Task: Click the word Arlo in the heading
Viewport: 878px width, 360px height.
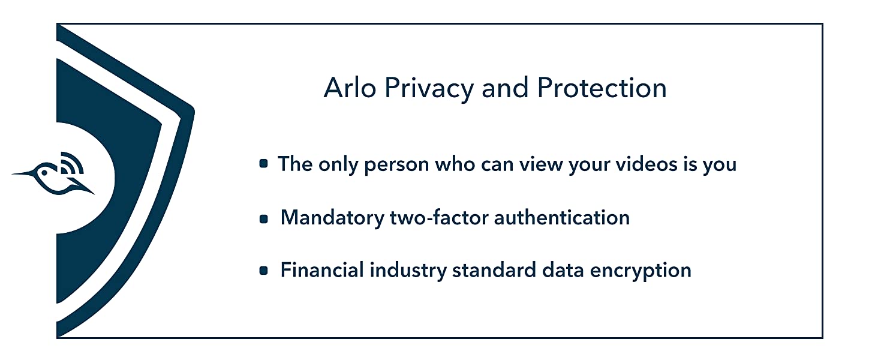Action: (x=350, y=88)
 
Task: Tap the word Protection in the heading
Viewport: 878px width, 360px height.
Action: (x=602, y=88)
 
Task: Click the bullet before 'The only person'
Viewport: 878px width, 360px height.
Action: (x=263, y=164)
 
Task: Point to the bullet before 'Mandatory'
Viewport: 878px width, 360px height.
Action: (x=263, y=218)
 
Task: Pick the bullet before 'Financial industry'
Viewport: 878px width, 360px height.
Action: (x=263, y=270)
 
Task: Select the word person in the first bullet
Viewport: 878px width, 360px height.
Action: (x=396, y=166)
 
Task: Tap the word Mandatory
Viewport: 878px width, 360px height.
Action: (x=332, y=219)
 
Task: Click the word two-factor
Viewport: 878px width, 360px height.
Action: (x=439, y=218)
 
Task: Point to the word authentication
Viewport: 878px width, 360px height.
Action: (x=562, y=218)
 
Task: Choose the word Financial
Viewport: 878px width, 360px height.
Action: (x=322, y=270)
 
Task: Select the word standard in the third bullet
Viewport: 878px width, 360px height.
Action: (x=494, y=270)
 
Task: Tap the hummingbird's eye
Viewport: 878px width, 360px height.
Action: (x=44, y=172)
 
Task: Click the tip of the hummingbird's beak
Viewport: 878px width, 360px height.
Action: (x=13, y=174)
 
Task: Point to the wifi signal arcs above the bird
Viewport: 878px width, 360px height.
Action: (x=73, y=163)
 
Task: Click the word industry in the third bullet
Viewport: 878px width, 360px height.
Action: (x=408, y=271)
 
